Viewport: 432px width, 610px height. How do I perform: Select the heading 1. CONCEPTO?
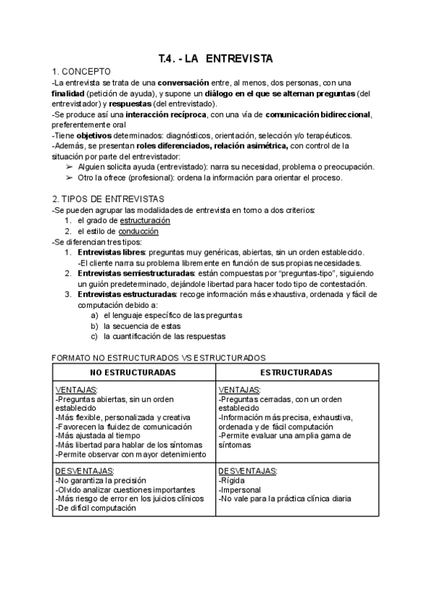pyautogui.click(x=81, y=71)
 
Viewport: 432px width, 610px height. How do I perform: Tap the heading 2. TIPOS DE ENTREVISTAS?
pyautogui.click(x=108, y=199)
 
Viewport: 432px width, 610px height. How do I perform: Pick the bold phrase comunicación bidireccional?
pyautogui.click(x=318, y=114)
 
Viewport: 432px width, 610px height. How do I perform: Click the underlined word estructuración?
pyautogui.click(x=145, y=220)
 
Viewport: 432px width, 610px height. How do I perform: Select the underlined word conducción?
pyautogui.click(x=139, y=231)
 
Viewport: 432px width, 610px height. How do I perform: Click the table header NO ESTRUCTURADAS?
pyautogui.click(x=133, y=373)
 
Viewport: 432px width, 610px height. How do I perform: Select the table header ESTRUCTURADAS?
pyautogui.click(x=296, y=373)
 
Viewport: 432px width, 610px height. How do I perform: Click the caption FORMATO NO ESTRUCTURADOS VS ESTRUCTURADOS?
pyautogui.click(x=159, y=357)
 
